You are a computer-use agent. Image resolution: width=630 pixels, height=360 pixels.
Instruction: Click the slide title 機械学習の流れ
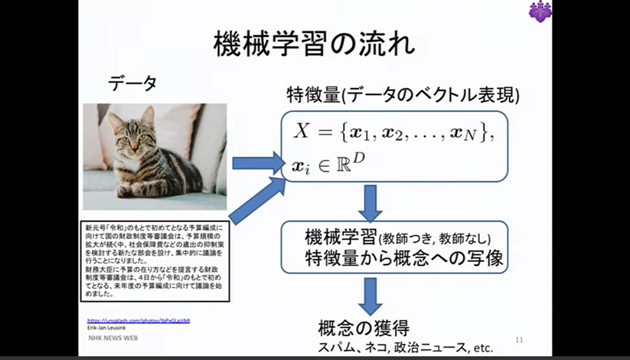[x=314, y=43]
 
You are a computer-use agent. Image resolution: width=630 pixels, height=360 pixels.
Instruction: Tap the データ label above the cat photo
[x=132, y=83]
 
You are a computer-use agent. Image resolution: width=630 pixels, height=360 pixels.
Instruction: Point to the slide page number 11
[x=519, y=339]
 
